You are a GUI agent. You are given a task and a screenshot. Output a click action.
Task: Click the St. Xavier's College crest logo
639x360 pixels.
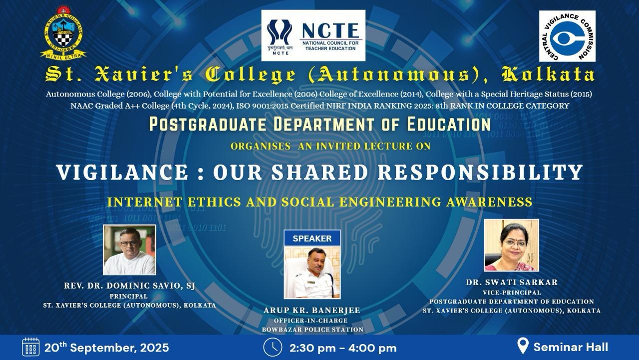point(63,33)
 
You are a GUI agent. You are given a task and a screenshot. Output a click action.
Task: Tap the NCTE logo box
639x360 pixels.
point(313,35)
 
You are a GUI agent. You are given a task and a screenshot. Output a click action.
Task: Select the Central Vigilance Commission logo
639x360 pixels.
point(567,36)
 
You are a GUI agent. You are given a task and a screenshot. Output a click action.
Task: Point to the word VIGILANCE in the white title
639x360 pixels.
point(123,172)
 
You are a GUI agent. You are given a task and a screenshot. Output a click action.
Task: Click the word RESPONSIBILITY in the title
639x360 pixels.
point(480,172)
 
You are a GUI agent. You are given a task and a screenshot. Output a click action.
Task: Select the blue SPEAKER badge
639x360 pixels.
point(312,238)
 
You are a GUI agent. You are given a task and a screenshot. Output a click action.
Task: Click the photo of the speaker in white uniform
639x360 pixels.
point(312,272)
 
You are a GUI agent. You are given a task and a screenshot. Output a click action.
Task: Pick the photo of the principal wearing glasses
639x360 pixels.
point(129,249)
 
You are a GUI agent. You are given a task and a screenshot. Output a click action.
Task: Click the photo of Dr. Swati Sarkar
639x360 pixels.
point(512,245)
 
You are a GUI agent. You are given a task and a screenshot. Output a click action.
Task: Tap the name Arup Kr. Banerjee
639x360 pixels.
point(312,310)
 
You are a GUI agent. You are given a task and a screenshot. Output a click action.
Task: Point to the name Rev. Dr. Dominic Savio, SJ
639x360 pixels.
point(129,285)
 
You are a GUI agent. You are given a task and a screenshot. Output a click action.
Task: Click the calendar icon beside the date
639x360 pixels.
point(31,347)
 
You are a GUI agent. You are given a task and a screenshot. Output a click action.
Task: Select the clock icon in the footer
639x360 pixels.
point(273,347)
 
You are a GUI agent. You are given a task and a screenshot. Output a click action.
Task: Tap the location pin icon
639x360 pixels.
point(523,346)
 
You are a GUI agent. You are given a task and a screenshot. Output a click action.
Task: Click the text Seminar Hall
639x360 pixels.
point(571,347)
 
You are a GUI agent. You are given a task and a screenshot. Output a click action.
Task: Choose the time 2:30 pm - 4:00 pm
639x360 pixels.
point(343,348)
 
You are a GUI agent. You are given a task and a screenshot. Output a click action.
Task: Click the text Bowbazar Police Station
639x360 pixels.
point(313,329)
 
